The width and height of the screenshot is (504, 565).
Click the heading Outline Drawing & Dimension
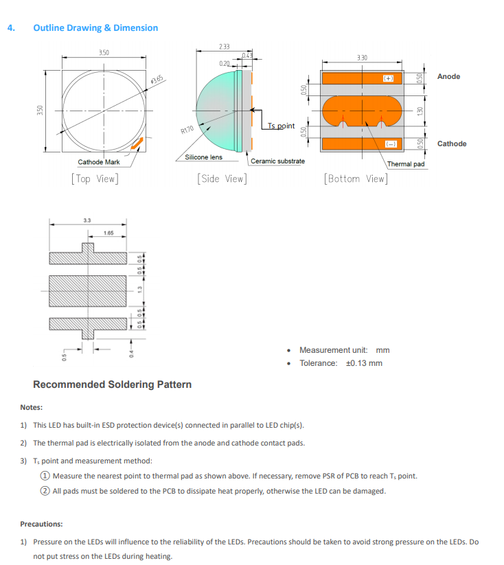(95, 28)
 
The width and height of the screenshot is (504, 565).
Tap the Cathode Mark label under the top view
(99, 162)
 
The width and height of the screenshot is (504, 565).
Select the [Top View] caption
(94, 178)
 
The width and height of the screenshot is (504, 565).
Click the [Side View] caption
(221, 178)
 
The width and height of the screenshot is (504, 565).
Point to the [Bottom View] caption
(355, 178)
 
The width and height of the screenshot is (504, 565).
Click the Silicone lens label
(203, 157)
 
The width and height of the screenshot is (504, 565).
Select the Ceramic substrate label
(277, 161)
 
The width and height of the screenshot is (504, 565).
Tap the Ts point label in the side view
(281, 126)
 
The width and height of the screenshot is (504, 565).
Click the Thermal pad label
(406, 164)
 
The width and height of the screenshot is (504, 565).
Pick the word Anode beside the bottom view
(448, 76)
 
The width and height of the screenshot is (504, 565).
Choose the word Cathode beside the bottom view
(451, 143)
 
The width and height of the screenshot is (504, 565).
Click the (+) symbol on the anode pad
(389, 79)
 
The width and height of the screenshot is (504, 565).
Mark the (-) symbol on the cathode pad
(390, 143)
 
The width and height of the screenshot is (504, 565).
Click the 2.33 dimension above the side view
(224, 47)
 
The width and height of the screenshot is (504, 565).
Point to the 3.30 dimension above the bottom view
(362, 58)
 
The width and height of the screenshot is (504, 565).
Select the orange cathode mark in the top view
(137, 143)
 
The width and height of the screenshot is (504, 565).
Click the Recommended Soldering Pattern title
(112, 384)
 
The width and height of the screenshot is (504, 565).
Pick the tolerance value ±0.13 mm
(363, 363)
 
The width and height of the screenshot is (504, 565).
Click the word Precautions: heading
(41, 524)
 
